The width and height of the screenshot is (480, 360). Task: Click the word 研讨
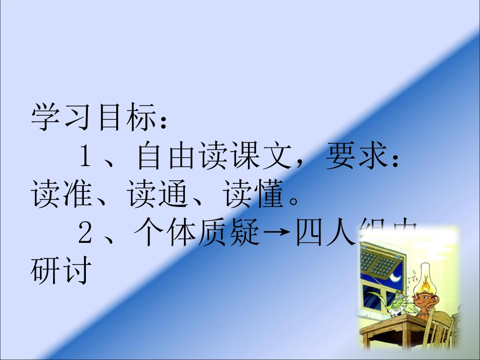pyautogui.click(x=61, y=271)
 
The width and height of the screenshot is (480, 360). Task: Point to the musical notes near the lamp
pyautogui.click(x=414, y=275)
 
